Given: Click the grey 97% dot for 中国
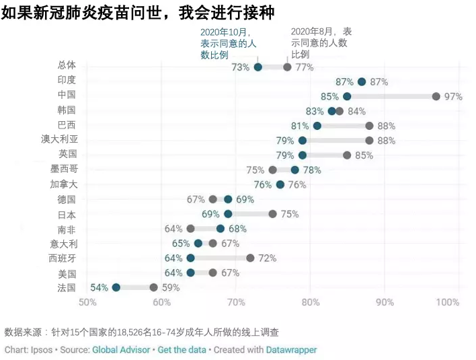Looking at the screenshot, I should point(436,96).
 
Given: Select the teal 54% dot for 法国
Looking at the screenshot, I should point(116,287).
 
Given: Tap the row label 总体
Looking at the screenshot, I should point(67,65).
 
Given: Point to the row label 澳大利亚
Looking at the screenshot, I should point(59,139).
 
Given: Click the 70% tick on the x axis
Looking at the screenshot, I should point(236,302).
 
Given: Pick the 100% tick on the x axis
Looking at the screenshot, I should point(447,302).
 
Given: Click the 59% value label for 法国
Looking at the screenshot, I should point(171,287).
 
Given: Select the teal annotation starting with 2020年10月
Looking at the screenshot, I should point(229,43).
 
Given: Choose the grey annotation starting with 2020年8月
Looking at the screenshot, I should point(321,42).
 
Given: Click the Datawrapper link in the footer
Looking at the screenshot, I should point(291,350).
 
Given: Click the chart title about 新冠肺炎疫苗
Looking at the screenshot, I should point(138,13).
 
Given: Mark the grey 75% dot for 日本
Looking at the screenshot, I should point(272,214).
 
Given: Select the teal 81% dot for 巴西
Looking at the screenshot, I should point(317,126).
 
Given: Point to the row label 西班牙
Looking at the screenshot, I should point(63,258).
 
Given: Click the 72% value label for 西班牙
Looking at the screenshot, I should point(267,258).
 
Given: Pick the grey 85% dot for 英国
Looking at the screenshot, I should point(347,155).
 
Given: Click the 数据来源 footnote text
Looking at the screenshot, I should point(142,332).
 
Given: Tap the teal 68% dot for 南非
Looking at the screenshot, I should point(221,229).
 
